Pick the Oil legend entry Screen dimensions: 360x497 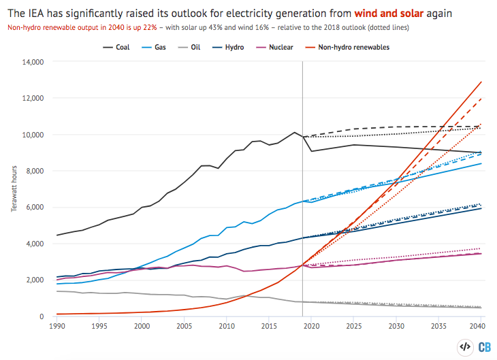coord(208,47)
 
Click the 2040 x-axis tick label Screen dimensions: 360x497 coord(480,327)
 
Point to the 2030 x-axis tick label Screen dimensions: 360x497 coord(396,327)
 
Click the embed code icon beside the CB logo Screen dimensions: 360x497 coord(465,346)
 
